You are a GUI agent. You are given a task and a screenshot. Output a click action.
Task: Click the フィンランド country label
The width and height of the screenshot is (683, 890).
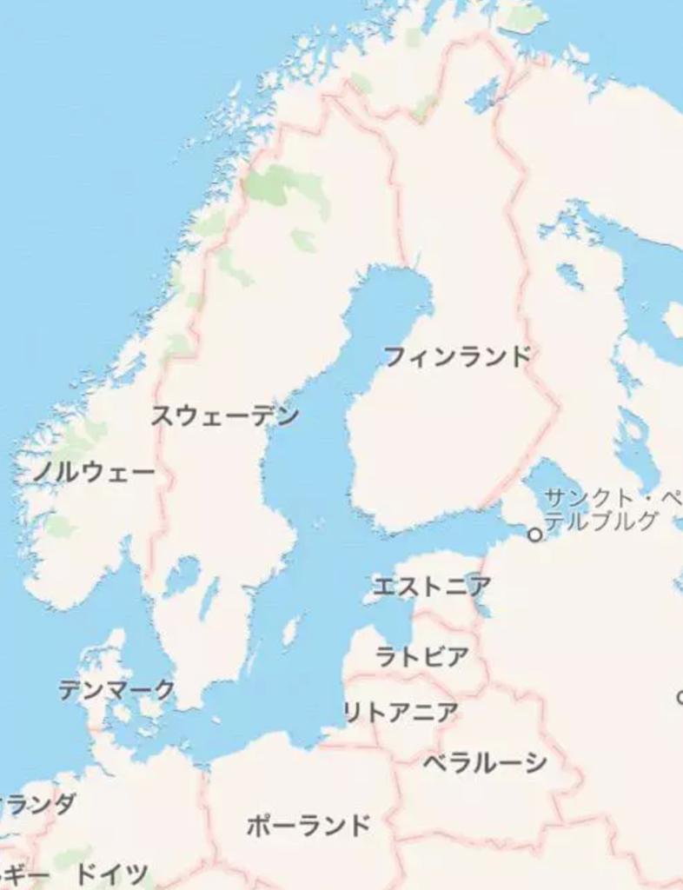(x=456, y=356)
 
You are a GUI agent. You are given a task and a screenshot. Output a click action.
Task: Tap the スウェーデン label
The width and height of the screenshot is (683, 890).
(x=225, y=415)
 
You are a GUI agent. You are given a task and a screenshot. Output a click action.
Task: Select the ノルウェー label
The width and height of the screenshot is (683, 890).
(x=94, y=473)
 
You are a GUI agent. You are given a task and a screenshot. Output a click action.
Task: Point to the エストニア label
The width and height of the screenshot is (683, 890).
(x=431, y=587)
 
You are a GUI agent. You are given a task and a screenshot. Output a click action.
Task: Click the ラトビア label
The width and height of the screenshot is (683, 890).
(x=422, y=656)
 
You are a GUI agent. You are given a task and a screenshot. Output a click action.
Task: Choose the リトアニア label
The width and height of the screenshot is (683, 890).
(x=401, y=713)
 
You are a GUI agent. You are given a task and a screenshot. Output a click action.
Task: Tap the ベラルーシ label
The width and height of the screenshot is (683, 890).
(x=485, y=763)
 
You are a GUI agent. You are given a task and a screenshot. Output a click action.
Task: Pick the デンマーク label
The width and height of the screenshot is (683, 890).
(x=116, y=690)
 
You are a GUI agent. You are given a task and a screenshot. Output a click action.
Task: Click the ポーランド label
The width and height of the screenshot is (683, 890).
(x=308, y=825)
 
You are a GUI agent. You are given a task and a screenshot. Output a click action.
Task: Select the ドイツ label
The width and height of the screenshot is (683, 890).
(x=112, y=873)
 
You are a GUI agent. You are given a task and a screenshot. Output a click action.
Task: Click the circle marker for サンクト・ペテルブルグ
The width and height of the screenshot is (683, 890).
(x=534, y=535)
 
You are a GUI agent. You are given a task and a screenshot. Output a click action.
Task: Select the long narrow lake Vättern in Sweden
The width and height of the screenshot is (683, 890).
(x=209, y=600)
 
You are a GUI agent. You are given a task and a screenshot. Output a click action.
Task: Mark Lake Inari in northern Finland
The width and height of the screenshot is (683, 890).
(x=485, y=96)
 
